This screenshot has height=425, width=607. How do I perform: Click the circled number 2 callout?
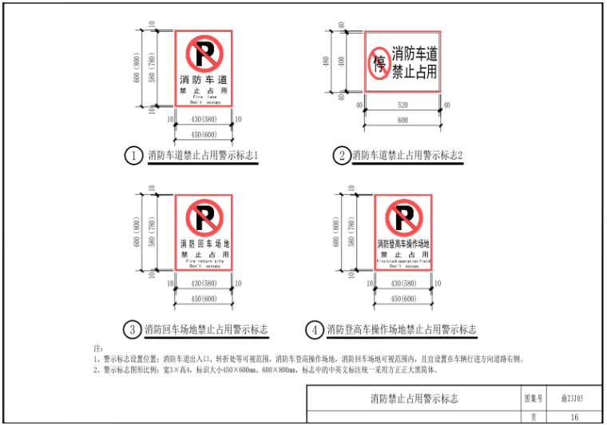(x=342, y=156)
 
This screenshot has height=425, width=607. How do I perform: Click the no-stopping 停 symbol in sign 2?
(x=379, y=62)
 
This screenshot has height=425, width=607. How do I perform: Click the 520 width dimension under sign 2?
(x=403, y=105)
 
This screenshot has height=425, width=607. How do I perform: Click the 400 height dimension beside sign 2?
(x=340, y=62)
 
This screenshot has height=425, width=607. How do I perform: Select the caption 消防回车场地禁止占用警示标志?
(x=205, y=329)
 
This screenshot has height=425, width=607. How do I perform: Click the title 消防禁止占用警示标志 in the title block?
(x=414, y=398)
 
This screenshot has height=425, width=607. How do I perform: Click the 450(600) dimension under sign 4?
(x=403, y=299)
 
